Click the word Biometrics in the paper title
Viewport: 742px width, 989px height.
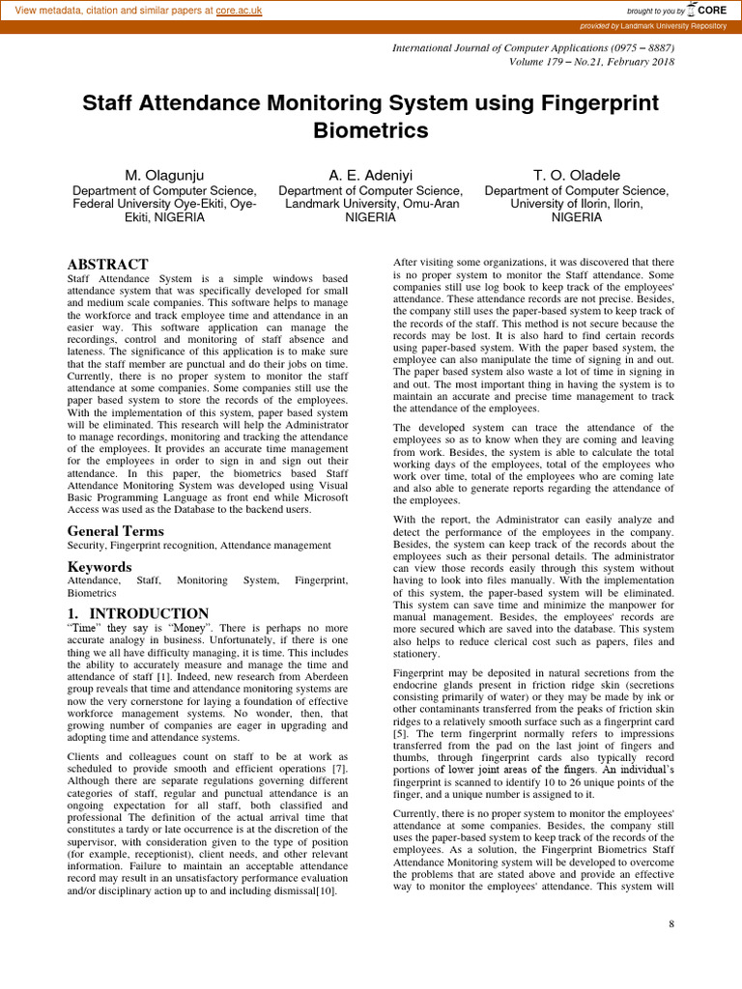371,129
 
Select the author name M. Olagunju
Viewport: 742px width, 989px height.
165,175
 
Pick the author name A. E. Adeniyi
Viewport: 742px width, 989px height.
371,175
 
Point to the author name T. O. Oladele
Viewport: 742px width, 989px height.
576,175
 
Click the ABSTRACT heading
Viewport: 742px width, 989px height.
107,265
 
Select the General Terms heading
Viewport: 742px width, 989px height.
115,531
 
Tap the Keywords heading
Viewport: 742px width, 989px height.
99,567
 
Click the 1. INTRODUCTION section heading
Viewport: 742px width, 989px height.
137,613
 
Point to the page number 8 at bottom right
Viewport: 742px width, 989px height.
671,925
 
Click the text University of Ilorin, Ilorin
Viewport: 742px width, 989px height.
576,204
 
